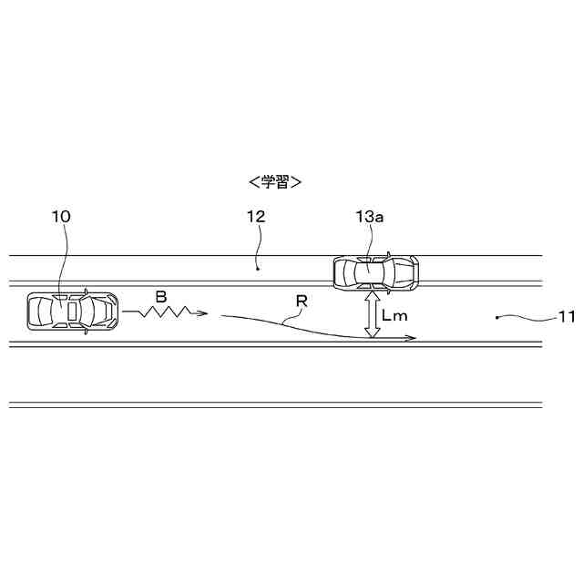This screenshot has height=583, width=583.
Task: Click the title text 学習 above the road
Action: (275, 182)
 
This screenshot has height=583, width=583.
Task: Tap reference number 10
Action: (61, 217)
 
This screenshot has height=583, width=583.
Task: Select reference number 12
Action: (256, 217)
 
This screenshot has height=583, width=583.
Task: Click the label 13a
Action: (370, 217)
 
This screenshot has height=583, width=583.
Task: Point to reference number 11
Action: (567, 317)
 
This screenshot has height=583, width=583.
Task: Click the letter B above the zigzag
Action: (161, 297)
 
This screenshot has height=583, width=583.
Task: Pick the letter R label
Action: (302, 302)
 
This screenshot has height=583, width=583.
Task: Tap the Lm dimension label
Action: (394, 316)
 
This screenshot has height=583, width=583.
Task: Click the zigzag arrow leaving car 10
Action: (165, 312)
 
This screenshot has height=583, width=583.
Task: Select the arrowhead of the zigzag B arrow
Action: (202, 313)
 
